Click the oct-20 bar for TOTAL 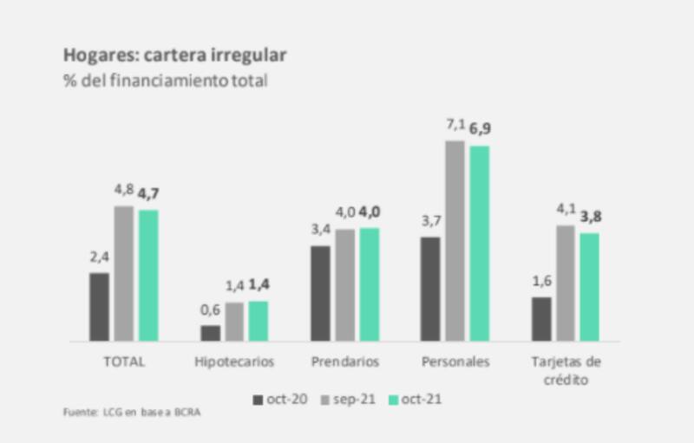(100, 308)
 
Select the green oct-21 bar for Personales (480, 244)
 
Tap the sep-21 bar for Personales (455, 241)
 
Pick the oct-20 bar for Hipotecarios (211, 333)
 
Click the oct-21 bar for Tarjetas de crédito (590, 287)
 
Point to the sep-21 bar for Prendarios (345, 285)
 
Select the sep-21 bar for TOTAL (124, 274)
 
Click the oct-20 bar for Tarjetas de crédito (542, 320)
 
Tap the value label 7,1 (455, 127)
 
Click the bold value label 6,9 (481, 130)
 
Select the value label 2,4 (99, 258)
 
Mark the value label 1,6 (542, 283)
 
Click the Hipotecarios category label (234, 361)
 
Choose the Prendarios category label (345, 361)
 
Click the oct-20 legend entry (277, 400)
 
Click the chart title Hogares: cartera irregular (174, 55)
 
